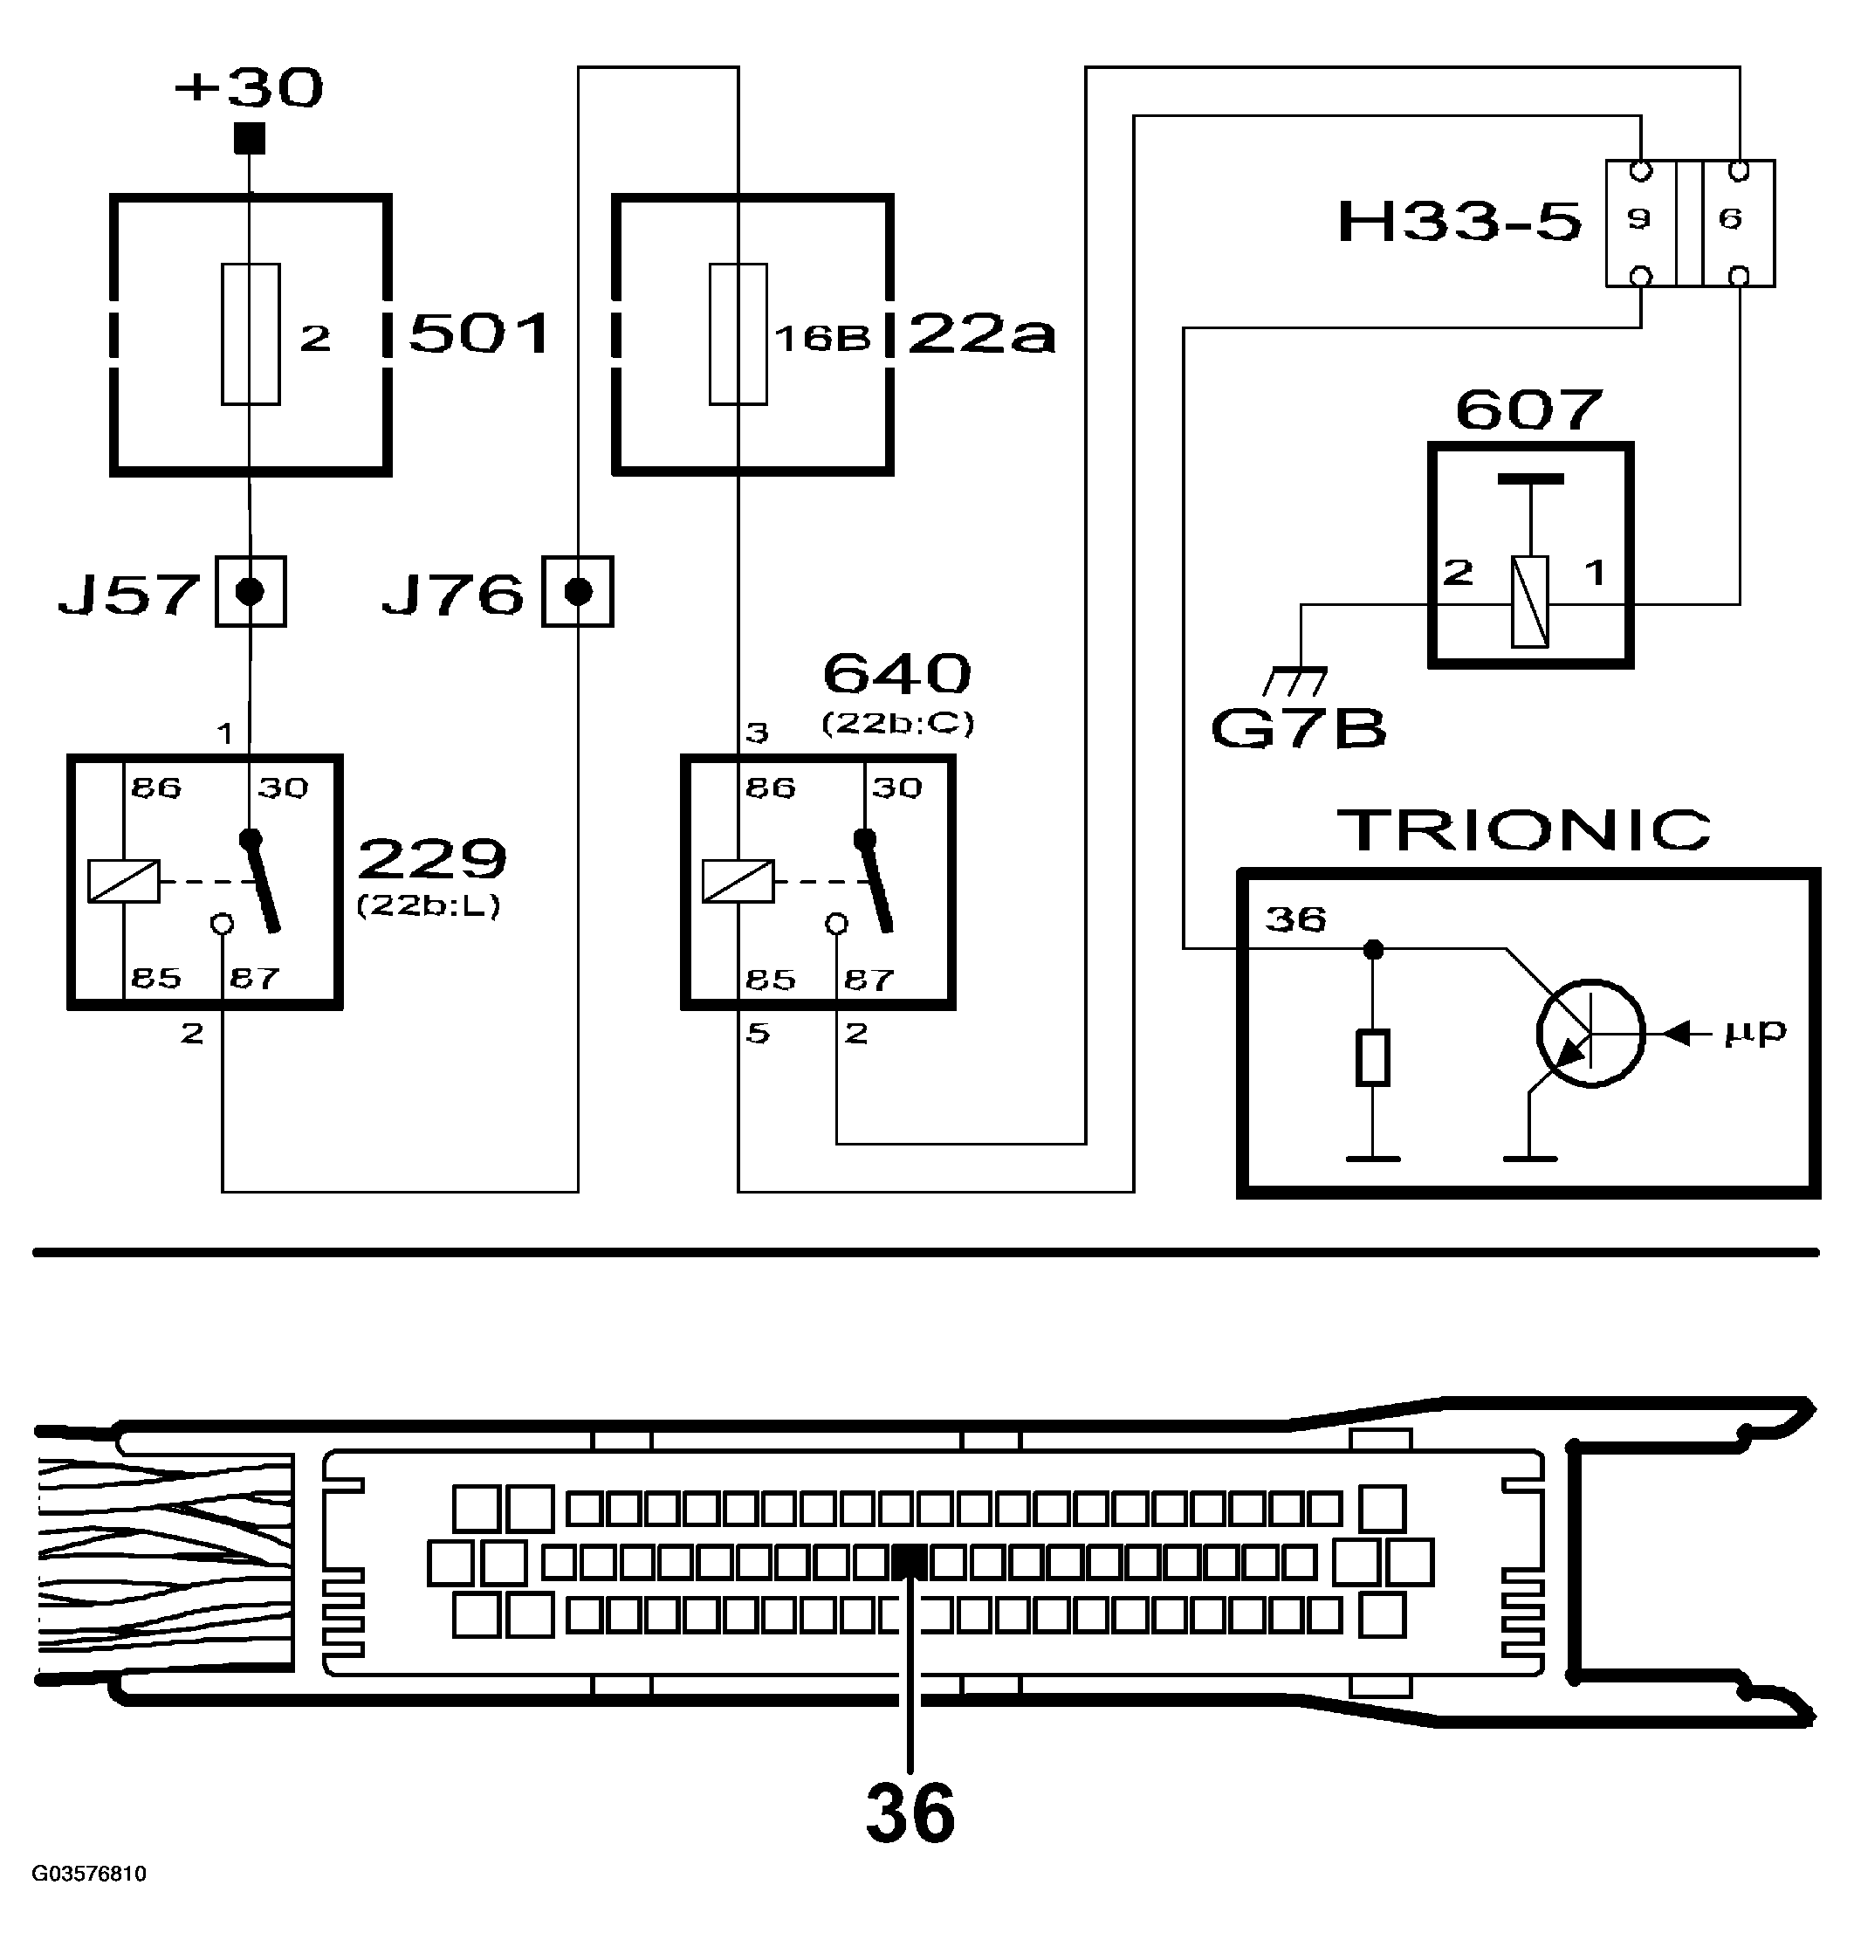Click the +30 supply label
(x=249, y=89)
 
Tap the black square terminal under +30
(x=249, y=138)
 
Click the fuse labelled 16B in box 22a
(x=738, y=334)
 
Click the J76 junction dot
(x=578, y=592)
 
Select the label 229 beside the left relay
(x=432, y=858)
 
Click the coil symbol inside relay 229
(x=124, y=881)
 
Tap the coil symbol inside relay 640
(x=738, y=881)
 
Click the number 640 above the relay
(x=896, y=674)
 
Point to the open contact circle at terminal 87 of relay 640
(x=836, y=924)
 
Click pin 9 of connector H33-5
(x=1639, y=218)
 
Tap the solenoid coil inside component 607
(x=1530, y=602)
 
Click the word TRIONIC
(x=1523, y=830)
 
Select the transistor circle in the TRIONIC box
(x=1590, y=1034)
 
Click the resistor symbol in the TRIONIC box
(x=1373, y=1057)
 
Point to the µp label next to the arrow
(x=1755, y=1032)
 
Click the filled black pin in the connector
(x=910, y=1563)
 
